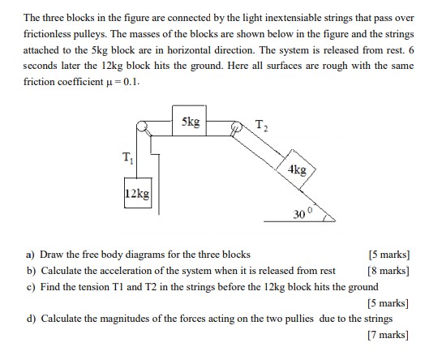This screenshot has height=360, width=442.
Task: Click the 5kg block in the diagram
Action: pos(189,120)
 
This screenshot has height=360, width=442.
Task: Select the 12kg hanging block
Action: pos(138,193)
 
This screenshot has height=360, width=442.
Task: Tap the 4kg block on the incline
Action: pos(296,169)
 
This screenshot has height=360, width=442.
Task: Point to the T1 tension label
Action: pos(127,157)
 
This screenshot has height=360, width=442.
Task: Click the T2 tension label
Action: pos(261,126)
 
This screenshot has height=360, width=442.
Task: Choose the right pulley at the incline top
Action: pos(236,126)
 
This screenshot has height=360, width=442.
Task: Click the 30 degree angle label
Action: pos(303,214)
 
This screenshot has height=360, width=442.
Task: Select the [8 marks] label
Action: pos(388,271)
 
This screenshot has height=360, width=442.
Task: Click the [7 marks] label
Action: pos(388,335)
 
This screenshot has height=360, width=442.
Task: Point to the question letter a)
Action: pos(30,255)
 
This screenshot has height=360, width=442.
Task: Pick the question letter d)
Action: pos(31,319)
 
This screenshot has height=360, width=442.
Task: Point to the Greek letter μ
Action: pos(109,83)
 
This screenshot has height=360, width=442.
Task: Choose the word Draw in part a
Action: pos(49,255)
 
